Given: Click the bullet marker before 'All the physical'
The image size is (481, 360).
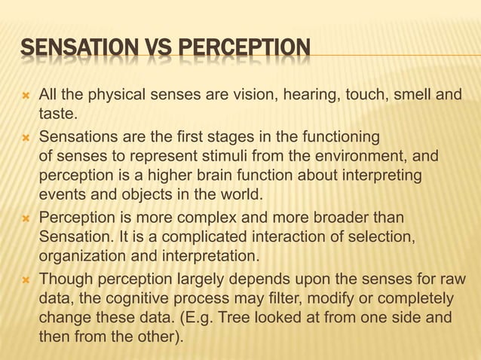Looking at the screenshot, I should (24, 96).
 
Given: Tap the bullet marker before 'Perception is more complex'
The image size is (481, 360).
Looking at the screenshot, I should (24, 218).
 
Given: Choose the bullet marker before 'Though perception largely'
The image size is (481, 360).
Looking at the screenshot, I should (24, 279).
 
